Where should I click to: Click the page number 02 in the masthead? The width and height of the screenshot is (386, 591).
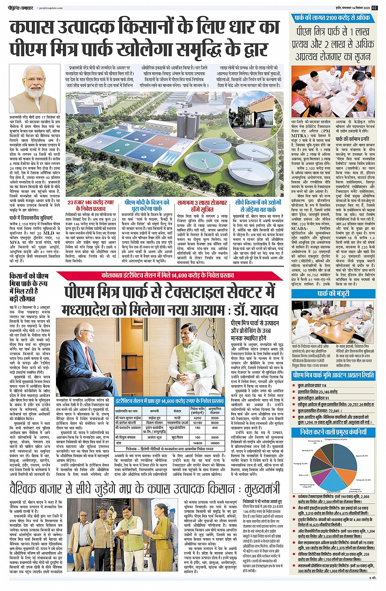point(375,8)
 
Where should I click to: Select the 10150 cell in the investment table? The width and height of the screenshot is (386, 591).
point(197,423)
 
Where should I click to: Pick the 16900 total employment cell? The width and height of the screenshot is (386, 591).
point(215,443)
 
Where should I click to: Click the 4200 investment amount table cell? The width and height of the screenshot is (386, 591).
point(197,418)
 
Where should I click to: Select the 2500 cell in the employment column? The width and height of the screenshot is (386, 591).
point(215,438)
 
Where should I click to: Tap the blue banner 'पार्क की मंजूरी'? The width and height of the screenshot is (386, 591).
point(333,294)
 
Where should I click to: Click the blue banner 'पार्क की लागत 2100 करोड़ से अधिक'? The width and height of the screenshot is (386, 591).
point(332,18)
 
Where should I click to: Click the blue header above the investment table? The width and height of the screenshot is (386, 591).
point(169,401)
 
